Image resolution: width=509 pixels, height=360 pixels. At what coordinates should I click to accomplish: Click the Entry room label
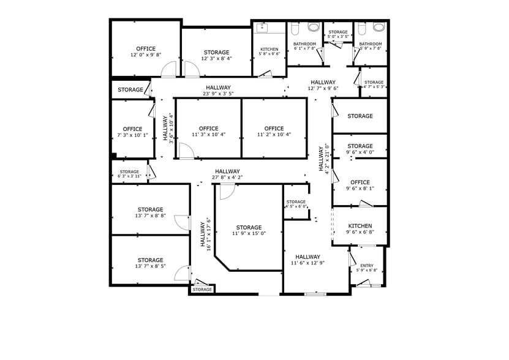point(366,265)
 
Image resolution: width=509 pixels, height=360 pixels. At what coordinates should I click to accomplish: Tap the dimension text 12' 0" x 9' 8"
point(146,55)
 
